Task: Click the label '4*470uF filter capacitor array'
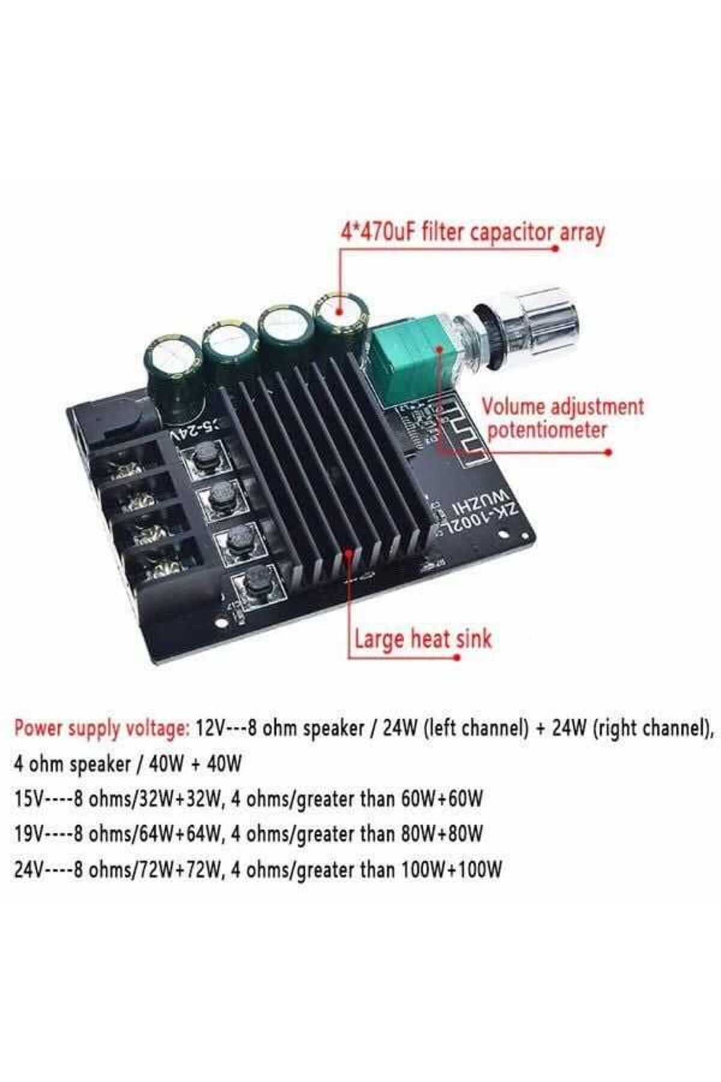pos(472,232)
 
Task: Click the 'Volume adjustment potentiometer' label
pos(562,418)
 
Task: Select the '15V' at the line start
pos(28,799)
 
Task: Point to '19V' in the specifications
pos(28,834)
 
